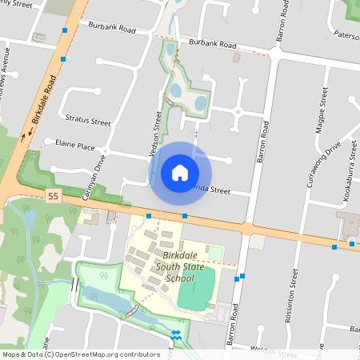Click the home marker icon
[180, 172]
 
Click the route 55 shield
[53, 196]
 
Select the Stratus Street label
[88, 122]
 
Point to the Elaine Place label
[75, 146]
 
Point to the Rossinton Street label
[292, 294]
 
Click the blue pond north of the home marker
[198, 102]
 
